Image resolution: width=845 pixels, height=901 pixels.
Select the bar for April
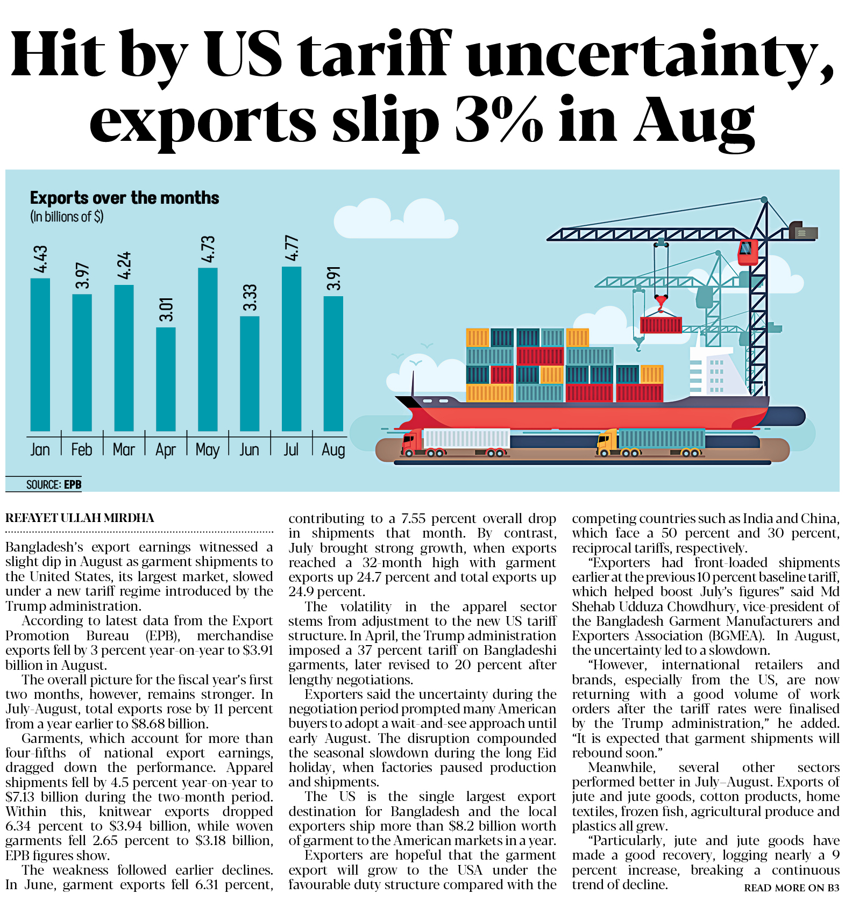click(166, 379)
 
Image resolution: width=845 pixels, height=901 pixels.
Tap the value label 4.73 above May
click(208, 249)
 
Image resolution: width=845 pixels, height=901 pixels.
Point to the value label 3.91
click(333, 278)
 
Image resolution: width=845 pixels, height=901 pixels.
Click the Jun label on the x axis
click(249, 449)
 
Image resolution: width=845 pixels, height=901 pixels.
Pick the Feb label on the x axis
click(82, 449)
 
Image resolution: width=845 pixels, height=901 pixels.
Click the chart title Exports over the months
click(124, 198)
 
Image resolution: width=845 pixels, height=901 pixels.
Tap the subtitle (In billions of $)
click(67, 217)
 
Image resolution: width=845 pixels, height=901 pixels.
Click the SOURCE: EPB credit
click(54, 484)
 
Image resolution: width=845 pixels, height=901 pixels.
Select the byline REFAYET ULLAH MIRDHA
click(80, 518)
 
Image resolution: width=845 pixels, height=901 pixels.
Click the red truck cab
click(412, 441)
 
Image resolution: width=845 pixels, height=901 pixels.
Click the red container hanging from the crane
click(661, 325)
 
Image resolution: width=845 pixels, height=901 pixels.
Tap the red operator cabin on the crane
click(748, 252)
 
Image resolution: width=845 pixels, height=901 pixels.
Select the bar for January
click(40, 354)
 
